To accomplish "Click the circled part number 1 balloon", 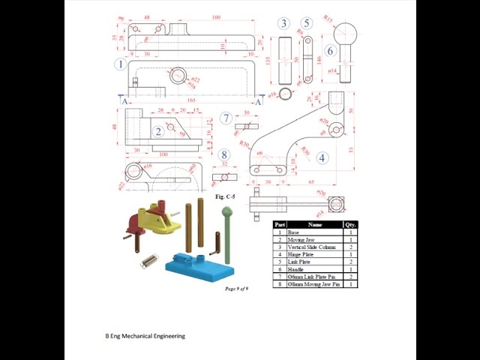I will [120, 64].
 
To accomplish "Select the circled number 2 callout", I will [158, 132].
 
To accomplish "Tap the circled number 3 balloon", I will [283, 23].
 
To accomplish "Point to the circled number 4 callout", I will [322, 157].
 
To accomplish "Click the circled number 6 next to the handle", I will [329, 52].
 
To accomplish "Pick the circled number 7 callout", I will [226, 118].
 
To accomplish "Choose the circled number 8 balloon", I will [224, 155].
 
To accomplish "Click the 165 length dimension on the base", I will [191, 99].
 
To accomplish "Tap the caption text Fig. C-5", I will [225, 196].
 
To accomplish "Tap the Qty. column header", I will [350, 224].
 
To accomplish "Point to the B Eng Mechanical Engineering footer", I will [145, 336].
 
